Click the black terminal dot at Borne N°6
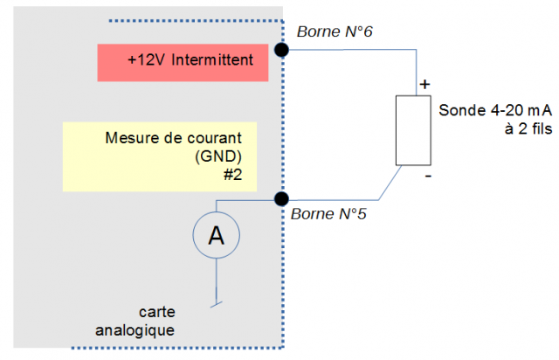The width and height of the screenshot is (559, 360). tap(281, 50)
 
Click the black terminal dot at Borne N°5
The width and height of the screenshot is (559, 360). tap(281, 198)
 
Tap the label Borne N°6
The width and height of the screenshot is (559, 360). tap(335, 32)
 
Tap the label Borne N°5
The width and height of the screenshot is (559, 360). tap(328, 213)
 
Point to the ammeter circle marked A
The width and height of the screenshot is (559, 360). tap(215, 234)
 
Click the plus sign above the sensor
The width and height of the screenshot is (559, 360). tap(424, 85)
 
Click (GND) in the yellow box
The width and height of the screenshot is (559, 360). tap(215, 157)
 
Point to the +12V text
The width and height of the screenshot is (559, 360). tap(144, 60)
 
